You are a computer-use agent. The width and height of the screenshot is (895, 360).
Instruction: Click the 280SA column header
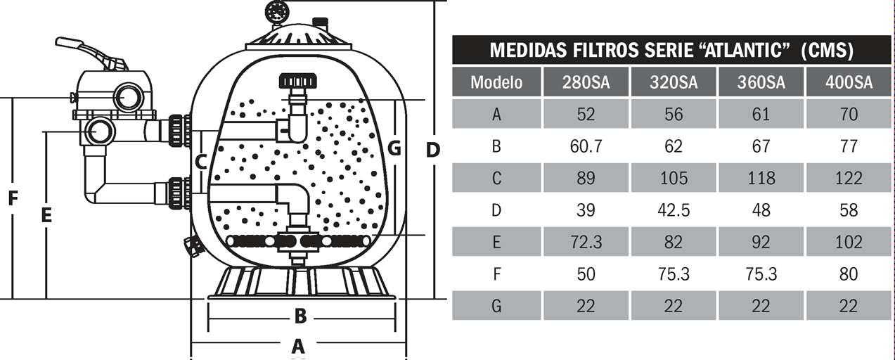[586, 82]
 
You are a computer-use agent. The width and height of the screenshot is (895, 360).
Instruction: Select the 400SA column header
[849, 82]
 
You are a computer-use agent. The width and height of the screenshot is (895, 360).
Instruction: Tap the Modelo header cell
[496, 82]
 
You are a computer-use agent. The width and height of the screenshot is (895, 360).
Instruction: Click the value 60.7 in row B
[586, 146]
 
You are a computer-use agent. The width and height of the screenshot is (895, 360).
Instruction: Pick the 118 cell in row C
[761, 178]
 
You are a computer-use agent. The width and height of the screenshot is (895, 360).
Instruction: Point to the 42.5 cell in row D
[674, 210]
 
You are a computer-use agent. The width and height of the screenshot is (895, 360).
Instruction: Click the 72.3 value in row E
[586, 242]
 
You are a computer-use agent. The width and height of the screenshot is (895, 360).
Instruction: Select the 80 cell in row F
[849, 274]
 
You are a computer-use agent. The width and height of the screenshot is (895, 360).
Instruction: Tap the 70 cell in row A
[849, 114]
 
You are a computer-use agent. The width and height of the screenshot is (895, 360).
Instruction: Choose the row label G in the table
[496, 306]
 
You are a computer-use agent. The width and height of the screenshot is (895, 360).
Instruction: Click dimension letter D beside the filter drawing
[433, 149]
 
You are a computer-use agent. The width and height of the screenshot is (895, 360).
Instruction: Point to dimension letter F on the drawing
[13, 199]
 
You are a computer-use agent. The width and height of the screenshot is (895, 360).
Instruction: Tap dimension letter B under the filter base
[300, 316]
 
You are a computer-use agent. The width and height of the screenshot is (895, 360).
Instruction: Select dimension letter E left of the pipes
[46, 215]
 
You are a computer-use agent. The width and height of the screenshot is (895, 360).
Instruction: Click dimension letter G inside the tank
[394, 148]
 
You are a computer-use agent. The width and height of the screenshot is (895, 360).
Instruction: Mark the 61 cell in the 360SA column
[761, 114]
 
